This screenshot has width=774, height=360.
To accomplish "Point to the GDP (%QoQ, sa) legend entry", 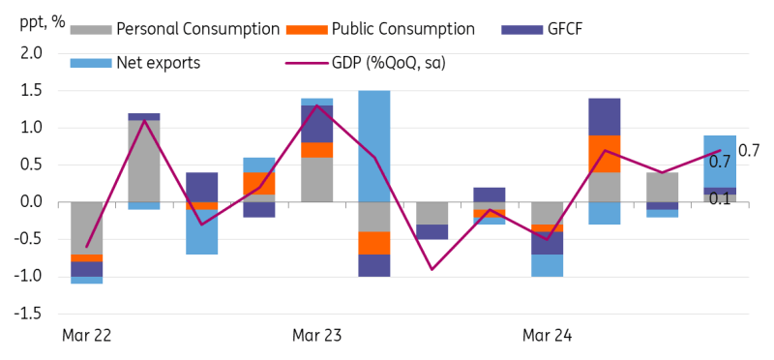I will [381, 64].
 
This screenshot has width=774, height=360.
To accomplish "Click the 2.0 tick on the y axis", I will [31, 53].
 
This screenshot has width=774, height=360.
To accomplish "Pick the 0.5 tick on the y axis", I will [31, 165].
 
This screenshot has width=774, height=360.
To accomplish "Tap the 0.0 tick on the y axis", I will [31, 202].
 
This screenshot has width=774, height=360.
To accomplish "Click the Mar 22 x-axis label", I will [86, 336].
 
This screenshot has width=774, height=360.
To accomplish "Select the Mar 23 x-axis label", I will [316, 336].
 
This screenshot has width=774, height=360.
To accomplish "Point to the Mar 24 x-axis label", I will [547, 336].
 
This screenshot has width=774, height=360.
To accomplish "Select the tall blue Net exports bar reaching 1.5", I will [374, 145].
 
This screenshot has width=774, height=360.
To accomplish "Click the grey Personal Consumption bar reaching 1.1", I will [144, 161].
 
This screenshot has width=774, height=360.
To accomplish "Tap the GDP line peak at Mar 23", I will [317, 105].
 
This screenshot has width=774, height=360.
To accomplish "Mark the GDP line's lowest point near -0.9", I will [432, 269].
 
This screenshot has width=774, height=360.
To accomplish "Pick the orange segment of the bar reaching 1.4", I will [605, 153].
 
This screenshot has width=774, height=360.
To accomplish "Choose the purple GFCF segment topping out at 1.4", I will [605, 116].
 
